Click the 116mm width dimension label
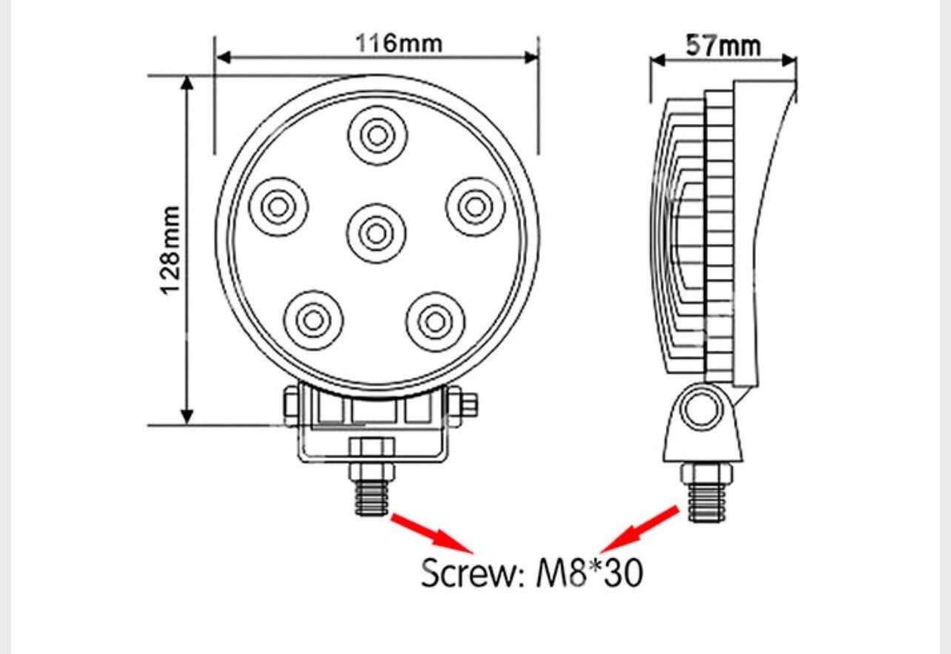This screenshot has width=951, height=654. coord(398,43)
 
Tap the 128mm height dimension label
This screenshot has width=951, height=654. coord(170,251)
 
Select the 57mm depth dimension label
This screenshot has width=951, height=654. coord(723,45)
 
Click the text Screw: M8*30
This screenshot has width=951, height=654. coord(532,572)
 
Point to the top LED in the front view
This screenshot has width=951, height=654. coord(378,136)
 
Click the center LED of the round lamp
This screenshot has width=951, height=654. coord(376,234)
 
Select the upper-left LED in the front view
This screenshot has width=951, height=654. coord(278,207)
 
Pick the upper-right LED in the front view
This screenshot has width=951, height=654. coord(475,207)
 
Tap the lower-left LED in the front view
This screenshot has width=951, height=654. coord(314,320)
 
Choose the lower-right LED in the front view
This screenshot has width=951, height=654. coord(436,322)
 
